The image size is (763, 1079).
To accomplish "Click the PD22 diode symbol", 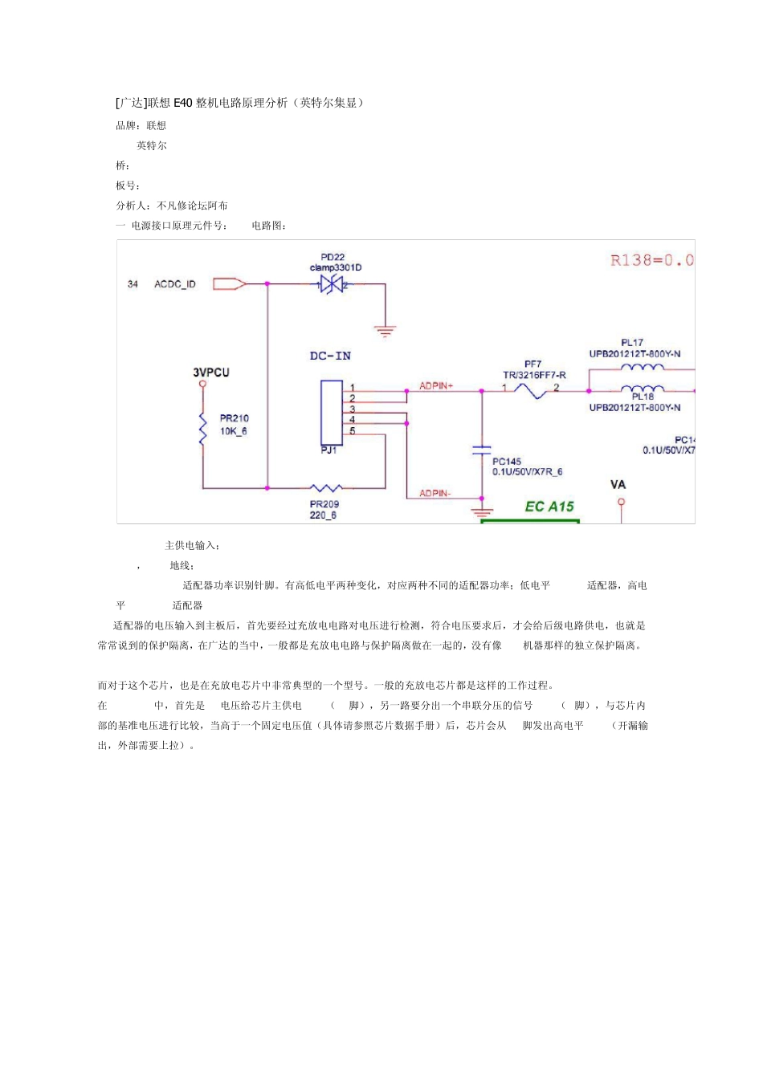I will [x=333, y=284].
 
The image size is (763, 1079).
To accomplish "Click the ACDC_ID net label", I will [x=175, y=284].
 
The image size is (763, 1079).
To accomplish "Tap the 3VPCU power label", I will [x=210, y=373].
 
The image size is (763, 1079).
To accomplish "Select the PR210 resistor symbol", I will [x=203, y=427].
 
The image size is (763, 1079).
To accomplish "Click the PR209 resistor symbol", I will [x=325, y=487].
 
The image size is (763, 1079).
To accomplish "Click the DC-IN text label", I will [x=330, y=356].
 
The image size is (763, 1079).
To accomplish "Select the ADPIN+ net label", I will [x=436, y=386].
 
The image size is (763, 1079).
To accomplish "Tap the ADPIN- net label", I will [x=435, y=493].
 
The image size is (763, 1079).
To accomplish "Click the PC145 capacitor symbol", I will [x=481, y=450].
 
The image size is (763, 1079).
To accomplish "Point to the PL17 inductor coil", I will [x=642, y=368].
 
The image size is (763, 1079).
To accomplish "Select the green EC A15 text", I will [x=549, y=507].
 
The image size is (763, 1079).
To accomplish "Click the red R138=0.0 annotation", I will [x=651, y=260].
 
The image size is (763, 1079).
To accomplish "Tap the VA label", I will [x=618, y=485].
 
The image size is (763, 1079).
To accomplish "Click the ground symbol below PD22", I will [x=386, y=329].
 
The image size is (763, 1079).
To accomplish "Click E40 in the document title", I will [x=183, y=103].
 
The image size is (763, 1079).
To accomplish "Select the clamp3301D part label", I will [x=336, y=267].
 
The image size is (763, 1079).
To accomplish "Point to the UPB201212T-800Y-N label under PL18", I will [x=634, y=408].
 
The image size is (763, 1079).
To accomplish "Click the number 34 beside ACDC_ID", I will [x=133, y=284].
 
